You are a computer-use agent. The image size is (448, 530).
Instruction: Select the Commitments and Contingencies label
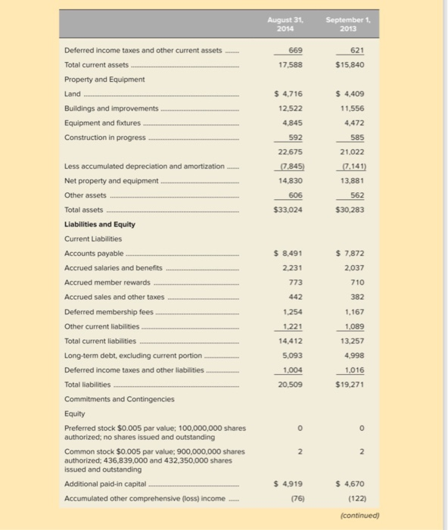click(119, 398)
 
